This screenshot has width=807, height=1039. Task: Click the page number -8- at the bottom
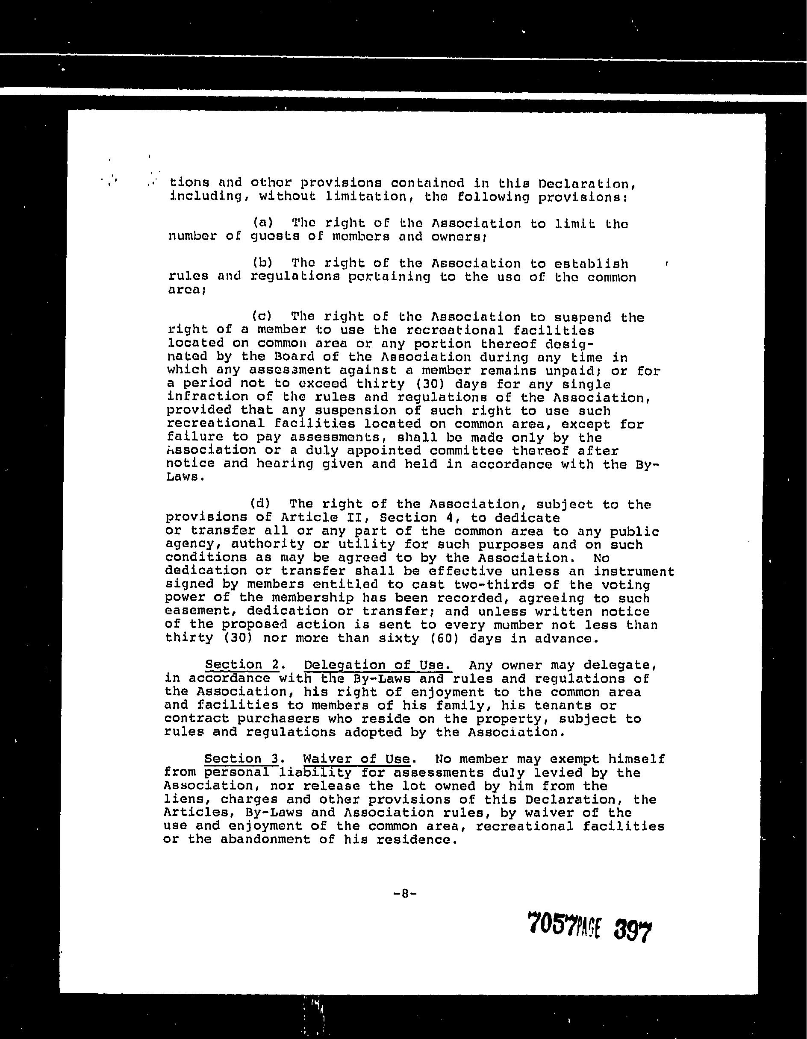pyautogui.click(x=405, y=893)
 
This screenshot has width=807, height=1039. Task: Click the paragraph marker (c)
pyautogui.click(x=262, y=317)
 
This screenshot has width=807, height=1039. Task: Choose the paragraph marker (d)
pyautogui.click(x=260, y=503)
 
